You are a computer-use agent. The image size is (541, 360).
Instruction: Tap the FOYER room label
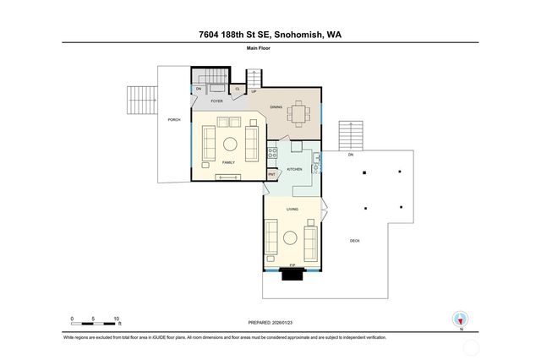pyautogui.click(x=216, y=101)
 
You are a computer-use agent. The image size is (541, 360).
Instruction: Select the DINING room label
pyautogui.click(x=276, y=107)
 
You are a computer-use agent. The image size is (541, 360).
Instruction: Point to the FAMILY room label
pyautogui.click(x=228, y=161)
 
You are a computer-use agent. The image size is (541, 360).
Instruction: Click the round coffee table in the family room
pyautogui.click(x=228, y=141)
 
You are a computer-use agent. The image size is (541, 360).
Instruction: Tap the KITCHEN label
pyautogui.click(x=294, y=169)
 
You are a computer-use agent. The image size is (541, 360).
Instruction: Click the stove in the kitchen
pyautogui.click(x=272, y=153)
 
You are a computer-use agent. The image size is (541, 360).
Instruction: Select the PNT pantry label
pyautogui.click(x=272, y=175)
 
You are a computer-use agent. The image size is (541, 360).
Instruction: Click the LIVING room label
pyautogui.click(x=292, y=208)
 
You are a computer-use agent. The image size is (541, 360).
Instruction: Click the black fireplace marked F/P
pyautogui.click(x=292, y=272)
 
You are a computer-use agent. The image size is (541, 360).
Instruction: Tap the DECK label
pyautogui.click(x=355, y=241)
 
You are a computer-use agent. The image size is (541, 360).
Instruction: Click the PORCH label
pyautogui.click(x=174, y=119)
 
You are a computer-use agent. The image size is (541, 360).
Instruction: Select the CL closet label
pyautogui.click(x=238, y=89)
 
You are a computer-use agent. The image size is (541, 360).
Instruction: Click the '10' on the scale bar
pyautogui.click(x=116, y=319)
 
